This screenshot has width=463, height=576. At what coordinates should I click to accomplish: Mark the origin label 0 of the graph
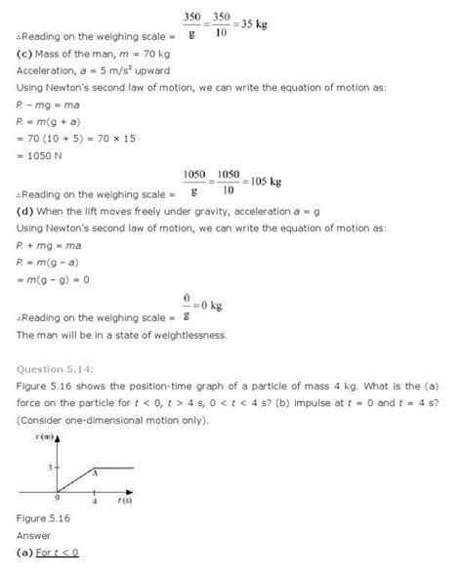click(57, 497)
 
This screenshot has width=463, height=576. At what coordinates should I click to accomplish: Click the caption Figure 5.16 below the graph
click(43, 518)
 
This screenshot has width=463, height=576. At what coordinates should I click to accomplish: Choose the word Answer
click(33, 536)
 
